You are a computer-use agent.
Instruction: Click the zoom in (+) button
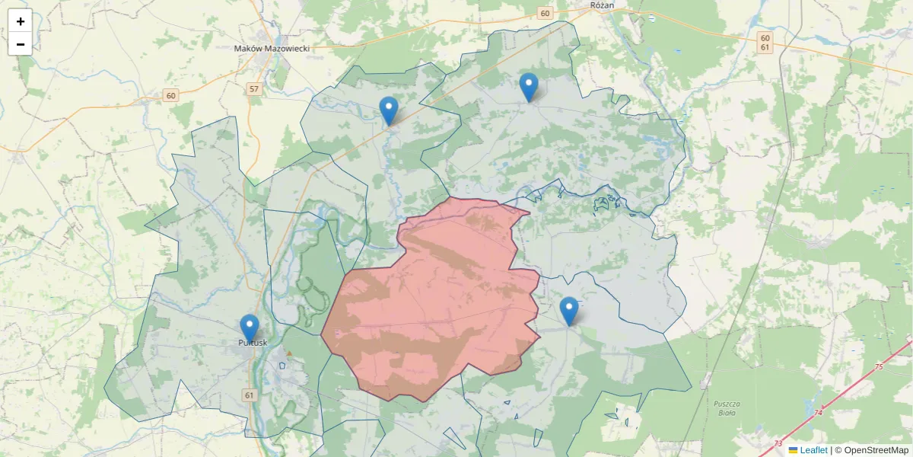tap(21, 21)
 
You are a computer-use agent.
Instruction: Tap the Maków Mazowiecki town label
tap(272, 48)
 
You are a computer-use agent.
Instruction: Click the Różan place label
tap(602, 5)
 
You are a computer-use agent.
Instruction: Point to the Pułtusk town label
tap(253, 344)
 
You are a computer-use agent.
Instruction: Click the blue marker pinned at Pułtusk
tap(249, 328)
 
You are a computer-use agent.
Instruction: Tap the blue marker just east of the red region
tap(569, 310)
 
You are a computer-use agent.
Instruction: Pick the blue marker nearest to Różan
tap(529, 86)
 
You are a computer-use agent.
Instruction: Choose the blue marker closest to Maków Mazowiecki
tap(389, 110)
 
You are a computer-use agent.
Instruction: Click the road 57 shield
tap(254, 89)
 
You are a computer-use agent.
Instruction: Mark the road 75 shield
tap(880, 367)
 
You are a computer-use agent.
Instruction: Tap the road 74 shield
tap(819, 413)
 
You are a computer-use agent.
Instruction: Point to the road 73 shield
tap(778, 443)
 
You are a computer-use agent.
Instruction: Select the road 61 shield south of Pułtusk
tap(250, 395)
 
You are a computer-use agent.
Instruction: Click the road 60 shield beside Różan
tap(545, 13)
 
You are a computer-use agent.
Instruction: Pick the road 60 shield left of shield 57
tap(171, 95)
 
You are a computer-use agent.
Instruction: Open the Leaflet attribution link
tap(813, 450)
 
